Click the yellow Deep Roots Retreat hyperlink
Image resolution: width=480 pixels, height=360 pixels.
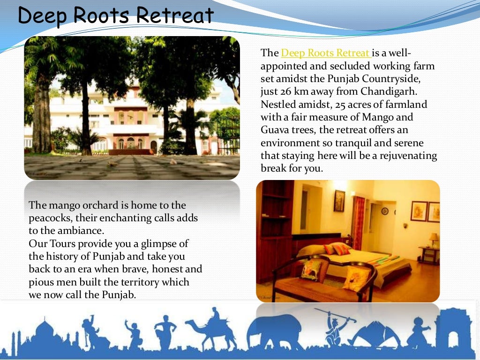326,52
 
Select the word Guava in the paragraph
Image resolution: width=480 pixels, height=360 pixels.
275,130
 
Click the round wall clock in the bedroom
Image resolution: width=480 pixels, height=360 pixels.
384,211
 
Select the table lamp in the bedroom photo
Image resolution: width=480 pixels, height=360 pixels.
434,239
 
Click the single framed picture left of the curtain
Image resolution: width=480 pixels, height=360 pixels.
339,201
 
